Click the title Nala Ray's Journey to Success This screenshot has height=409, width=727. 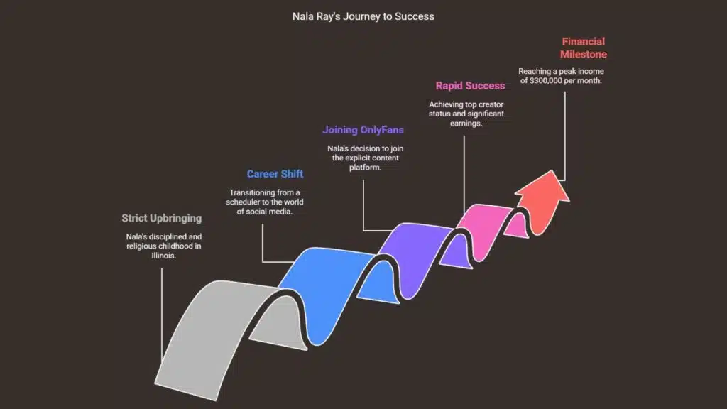click(363, 16)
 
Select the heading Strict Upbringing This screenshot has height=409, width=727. click(161, 218)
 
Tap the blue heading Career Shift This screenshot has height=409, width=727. click(275, 174)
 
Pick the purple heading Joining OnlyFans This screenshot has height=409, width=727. click(363, 130)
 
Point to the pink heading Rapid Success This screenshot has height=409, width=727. click(470, 86)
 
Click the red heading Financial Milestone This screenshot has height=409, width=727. click(583, 48)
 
